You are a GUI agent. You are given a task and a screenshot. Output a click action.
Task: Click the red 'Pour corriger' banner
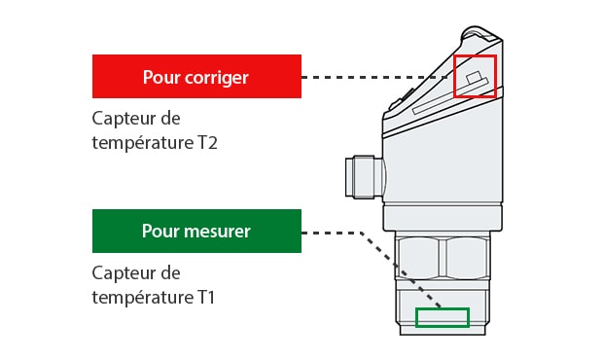pos(196,76)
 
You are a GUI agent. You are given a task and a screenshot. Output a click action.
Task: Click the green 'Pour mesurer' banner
pos(196,232)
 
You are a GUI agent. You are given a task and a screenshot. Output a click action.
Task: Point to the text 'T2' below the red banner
pos(208,143)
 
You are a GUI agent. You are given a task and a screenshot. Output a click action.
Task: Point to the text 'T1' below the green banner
pos(206,298)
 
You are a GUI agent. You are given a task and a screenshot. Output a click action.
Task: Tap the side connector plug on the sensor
pos(365,177)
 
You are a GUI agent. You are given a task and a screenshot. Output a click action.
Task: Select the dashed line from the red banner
pos(373,77)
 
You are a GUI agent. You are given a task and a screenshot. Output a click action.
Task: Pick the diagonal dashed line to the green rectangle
pos(401,270)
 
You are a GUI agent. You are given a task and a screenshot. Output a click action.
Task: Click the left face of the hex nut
pos(417,258)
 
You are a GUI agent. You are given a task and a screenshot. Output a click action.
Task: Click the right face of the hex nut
pos(467,258)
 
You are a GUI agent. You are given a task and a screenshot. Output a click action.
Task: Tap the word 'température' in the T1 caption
pos(143,298)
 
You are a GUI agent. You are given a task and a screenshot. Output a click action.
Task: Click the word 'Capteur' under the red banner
pos(124,119)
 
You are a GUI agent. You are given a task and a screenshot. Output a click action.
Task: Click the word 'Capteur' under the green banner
pos(124,273)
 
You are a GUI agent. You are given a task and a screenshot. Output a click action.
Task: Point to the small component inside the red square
pos(475,77)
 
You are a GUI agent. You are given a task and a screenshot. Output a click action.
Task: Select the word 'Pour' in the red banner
pos(161,77)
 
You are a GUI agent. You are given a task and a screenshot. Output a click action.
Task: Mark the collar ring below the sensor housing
pos(443,218)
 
